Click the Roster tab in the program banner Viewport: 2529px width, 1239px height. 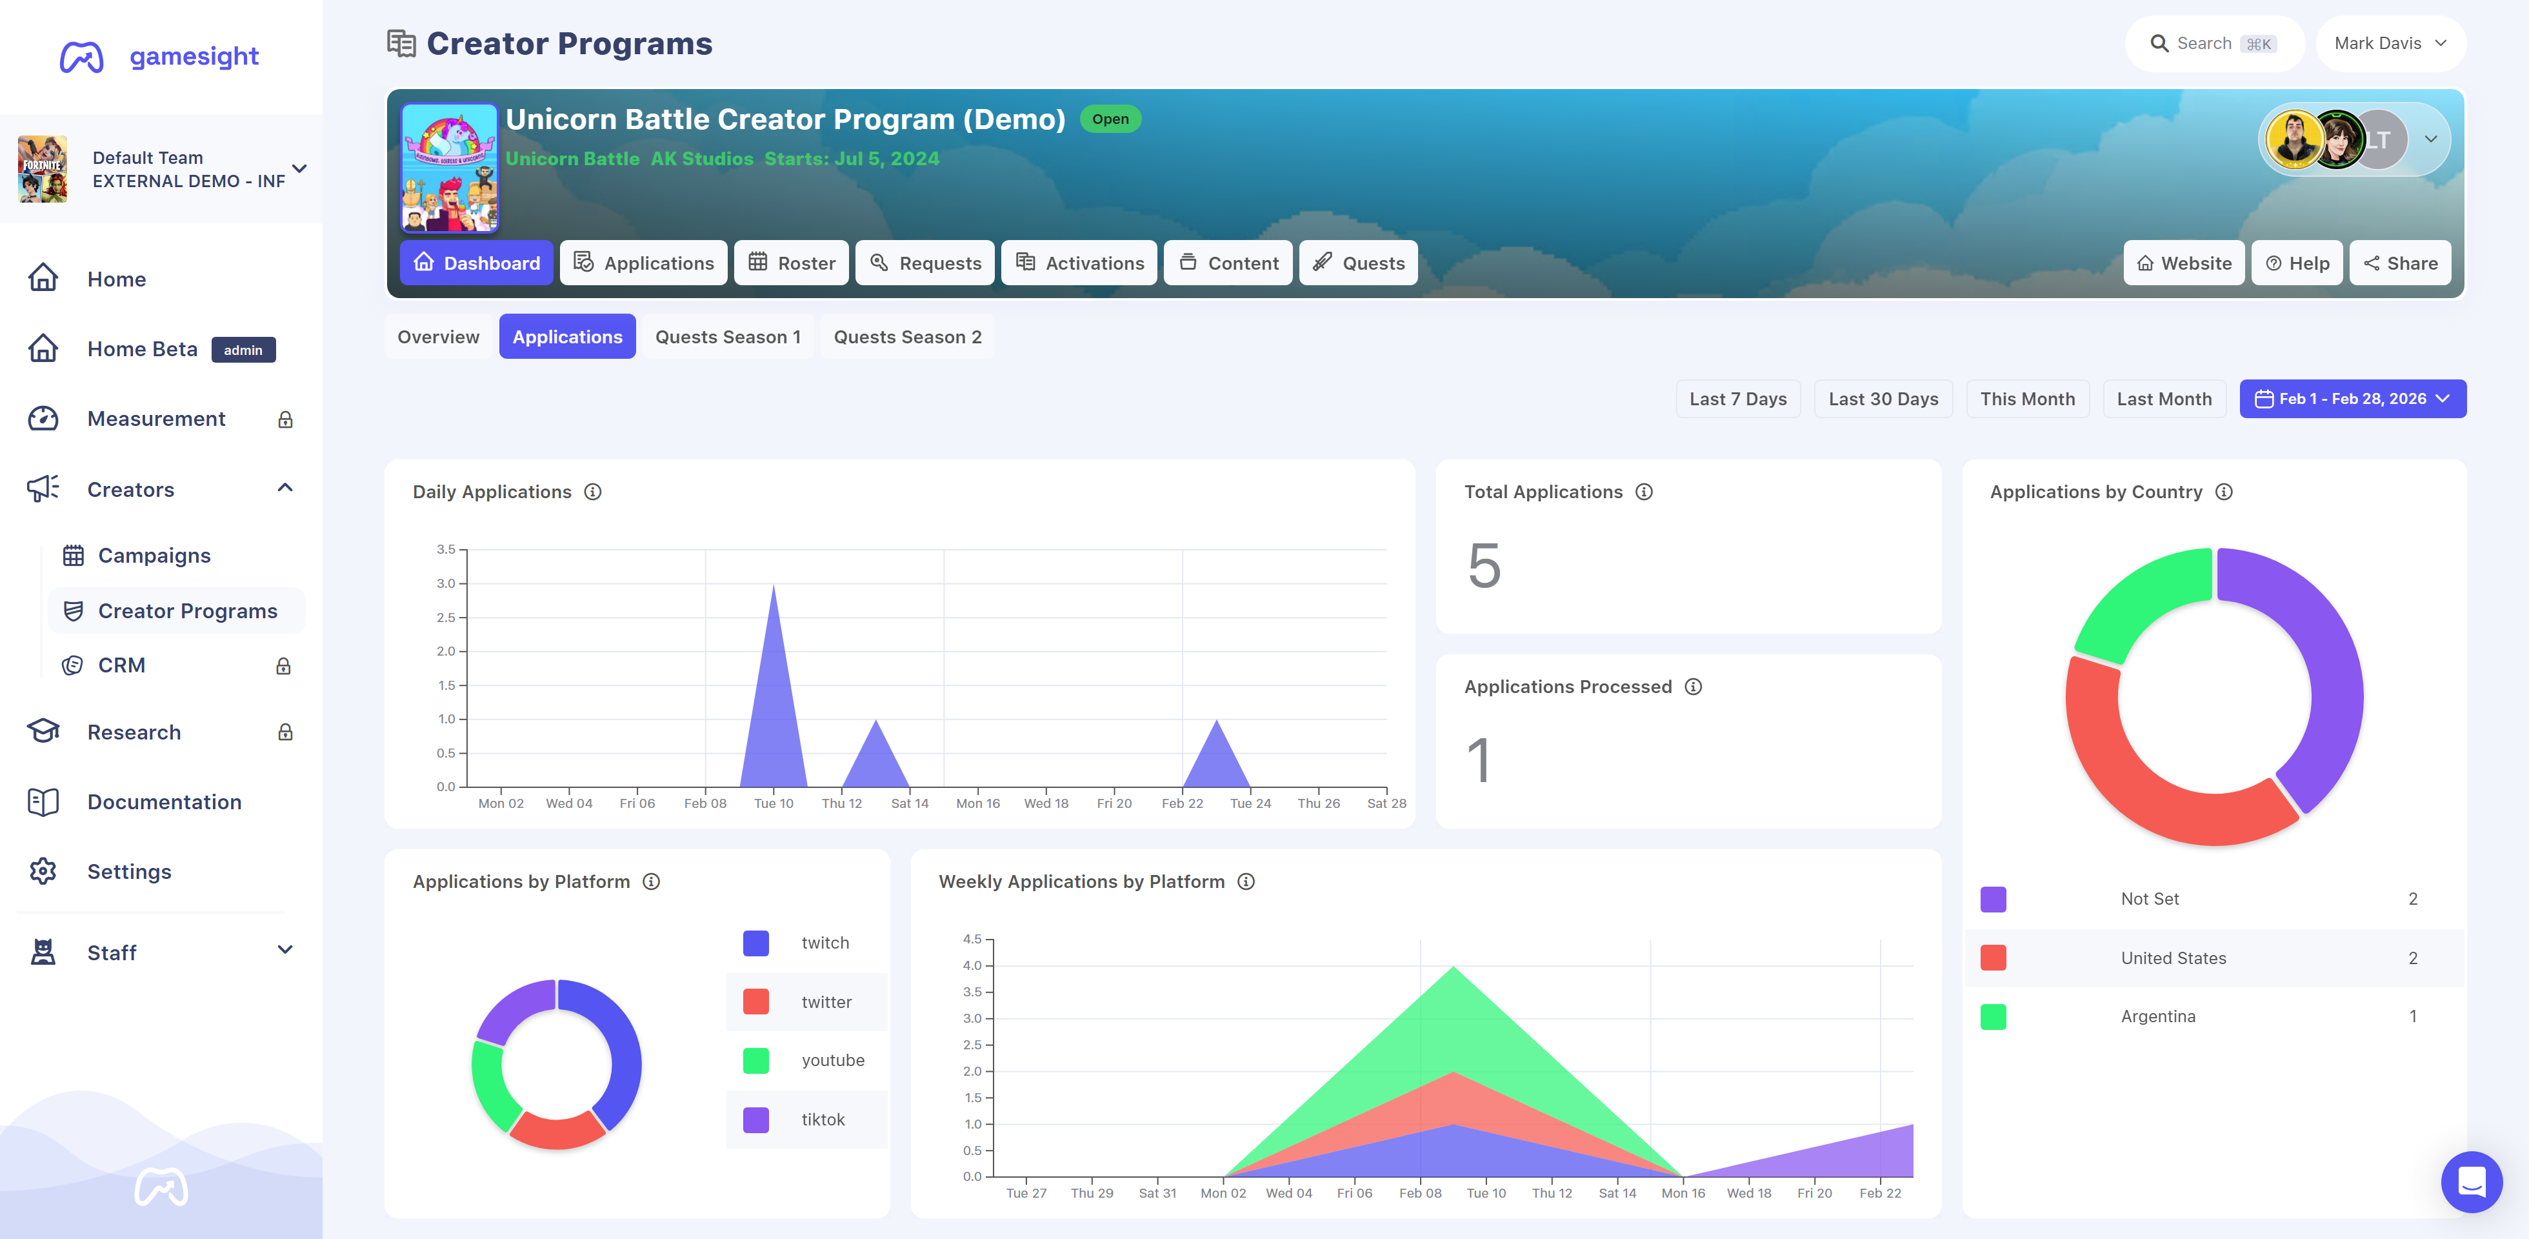pos(792,263)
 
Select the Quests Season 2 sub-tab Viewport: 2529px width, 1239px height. pos(907,337)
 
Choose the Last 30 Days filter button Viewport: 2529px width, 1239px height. pos(1883,399)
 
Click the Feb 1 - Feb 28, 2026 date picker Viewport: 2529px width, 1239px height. pos(2352,399)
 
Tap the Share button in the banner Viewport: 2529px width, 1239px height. pos(2401,263)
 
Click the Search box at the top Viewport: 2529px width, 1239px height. pos(2214,43)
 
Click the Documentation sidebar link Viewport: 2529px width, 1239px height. pos(164,802)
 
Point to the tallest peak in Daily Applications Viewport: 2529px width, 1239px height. pos(774,585)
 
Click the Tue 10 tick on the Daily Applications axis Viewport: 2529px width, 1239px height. pos(774,803)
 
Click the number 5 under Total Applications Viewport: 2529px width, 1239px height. pos(1484,565)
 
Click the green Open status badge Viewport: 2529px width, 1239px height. pos(1110,119)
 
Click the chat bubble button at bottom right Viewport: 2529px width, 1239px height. pos(2471,1182)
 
